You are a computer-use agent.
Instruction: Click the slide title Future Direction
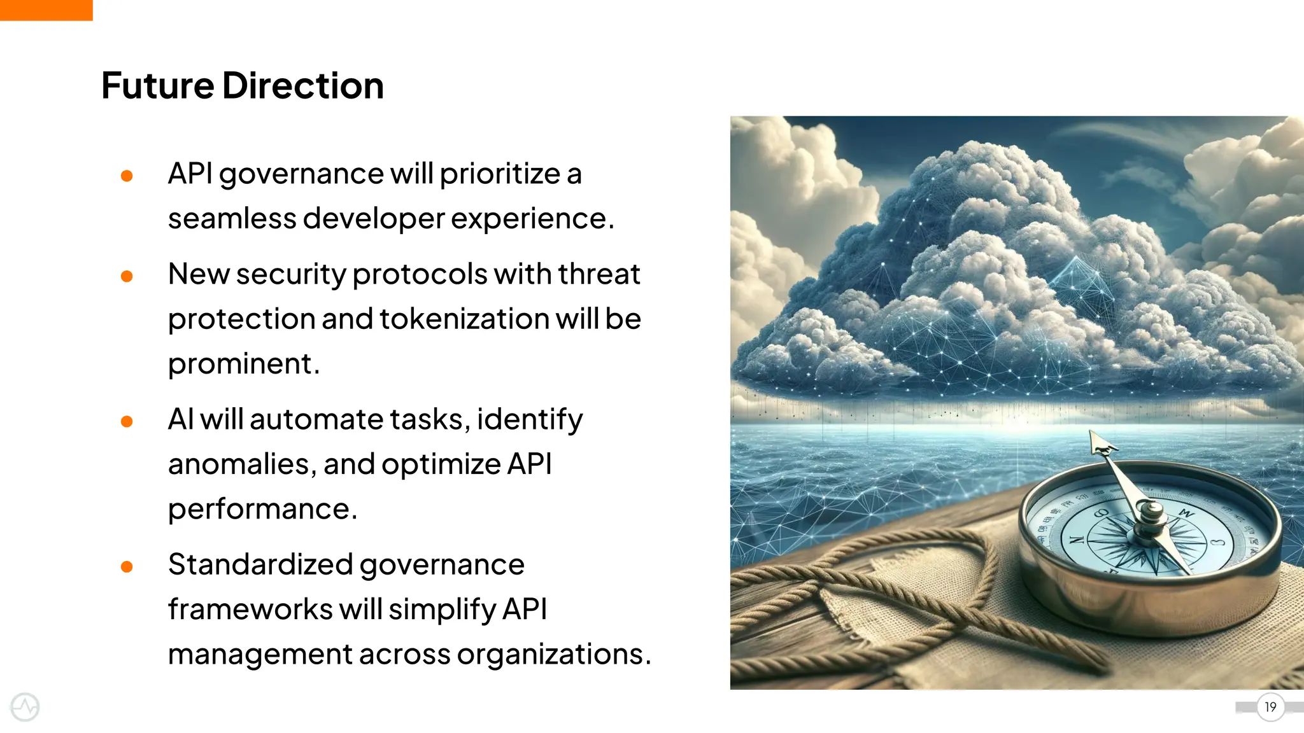(x=242, y=85)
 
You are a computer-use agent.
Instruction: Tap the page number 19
(x=1270, y=707)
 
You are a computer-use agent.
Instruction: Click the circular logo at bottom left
(x=25, y=707)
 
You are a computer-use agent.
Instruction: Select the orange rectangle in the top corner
(x=46, y=10)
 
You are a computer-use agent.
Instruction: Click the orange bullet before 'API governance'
(x=127, y=176)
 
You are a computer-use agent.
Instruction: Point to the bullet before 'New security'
(x=127, y=276)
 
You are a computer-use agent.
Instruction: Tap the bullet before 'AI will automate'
(x=127, y=421)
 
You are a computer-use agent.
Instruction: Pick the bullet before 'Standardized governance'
(x=127, y=566)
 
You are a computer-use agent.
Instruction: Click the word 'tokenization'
(x=464, y=319)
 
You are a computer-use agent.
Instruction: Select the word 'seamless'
(x=232, y=219)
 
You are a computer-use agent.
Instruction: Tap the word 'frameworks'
(x=250, y=610)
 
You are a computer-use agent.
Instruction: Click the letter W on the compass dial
(x=1186, y=512)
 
